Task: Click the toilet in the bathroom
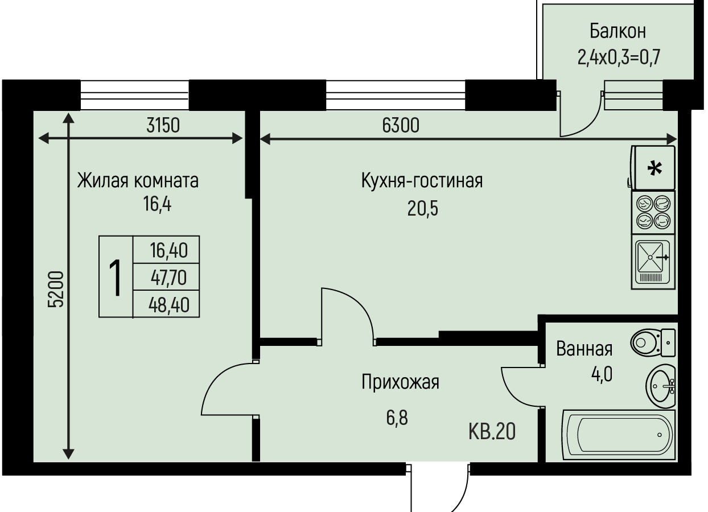coord(653,342)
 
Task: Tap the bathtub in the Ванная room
coord(619,435)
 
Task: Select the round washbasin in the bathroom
coord(661,386)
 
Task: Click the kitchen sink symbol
coord(653,262)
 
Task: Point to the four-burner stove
coord(653,212)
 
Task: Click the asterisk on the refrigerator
coord(655,168)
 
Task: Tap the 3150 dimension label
coord(163,125)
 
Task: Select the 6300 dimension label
coord(401,125)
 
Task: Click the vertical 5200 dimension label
coord(56,289)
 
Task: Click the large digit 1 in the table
coord(116,277)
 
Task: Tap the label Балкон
coord(618,31)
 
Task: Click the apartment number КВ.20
coord(492,432)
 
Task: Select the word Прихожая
coord(401,382)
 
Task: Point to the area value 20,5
coord(423,209)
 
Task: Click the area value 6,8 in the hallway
coord(397,418)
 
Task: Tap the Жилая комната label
coord(138,181)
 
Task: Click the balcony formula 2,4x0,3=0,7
coord(619,57)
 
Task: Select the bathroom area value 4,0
coord(602,374)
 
